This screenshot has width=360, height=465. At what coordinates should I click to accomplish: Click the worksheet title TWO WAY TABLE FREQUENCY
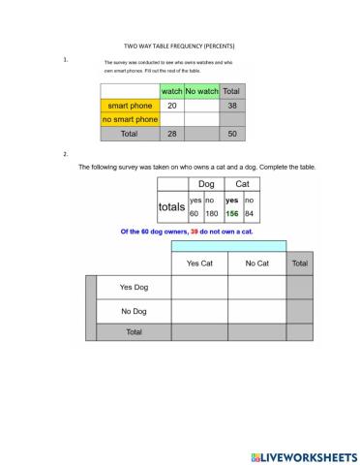(179, 46)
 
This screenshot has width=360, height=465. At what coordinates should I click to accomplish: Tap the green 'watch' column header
(171, 90)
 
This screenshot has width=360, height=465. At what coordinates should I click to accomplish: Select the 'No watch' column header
(202, 90)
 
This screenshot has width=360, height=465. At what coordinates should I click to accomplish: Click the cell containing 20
(171, 105)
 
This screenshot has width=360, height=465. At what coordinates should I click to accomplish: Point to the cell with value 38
(231, 105)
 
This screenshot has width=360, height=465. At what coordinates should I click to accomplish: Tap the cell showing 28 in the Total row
(171, 134)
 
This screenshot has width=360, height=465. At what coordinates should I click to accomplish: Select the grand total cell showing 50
(231, 134)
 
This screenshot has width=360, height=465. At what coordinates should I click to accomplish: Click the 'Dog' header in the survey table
(205, 183)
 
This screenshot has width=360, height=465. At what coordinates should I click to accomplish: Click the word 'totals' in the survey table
(171, 206)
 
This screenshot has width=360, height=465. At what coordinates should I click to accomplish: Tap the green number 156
(232, 213)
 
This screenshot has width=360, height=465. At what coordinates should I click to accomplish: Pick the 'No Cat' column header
(256, 263)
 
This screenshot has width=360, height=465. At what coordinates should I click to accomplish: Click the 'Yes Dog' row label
(134, 287)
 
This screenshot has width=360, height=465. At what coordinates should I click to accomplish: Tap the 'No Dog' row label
(134, 311)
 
